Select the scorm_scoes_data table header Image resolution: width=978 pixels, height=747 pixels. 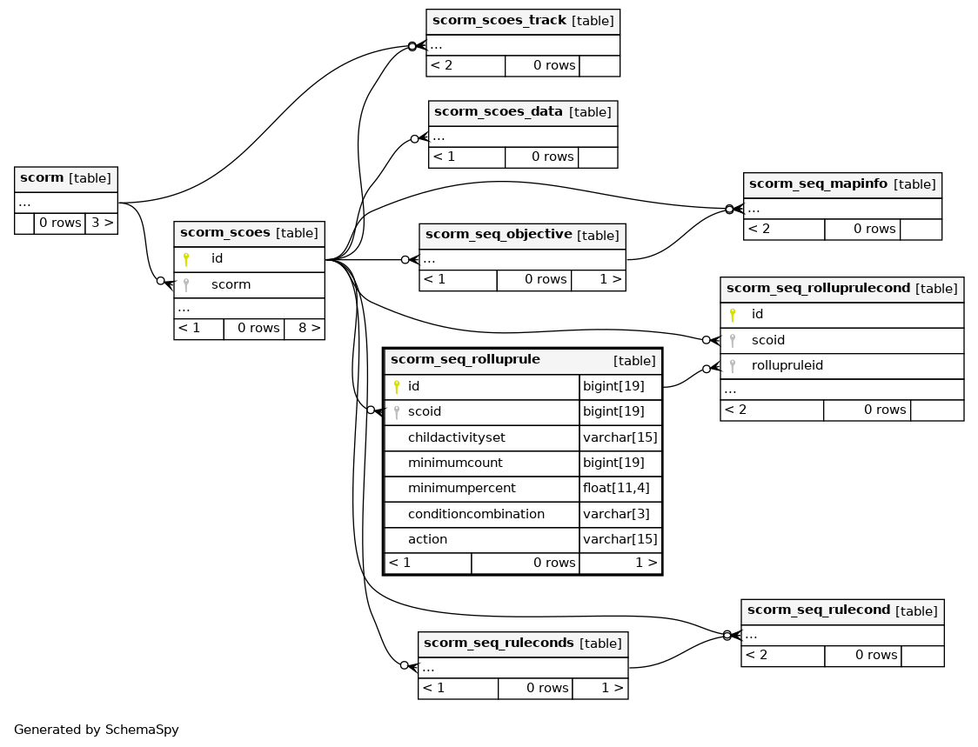tap(523, 112)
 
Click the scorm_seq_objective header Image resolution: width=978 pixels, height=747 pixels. tap(522, 235)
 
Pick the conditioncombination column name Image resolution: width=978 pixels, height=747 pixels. tap(476, 515)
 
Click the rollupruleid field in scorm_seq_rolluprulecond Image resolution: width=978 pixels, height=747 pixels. tap(787, 366)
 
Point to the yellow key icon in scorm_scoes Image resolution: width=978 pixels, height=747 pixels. tap(186, 259)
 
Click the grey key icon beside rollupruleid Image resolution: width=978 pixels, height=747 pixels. tap(733, 366)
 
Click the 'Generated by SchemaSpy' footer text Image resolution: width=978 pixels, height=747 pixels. tap(96, 730)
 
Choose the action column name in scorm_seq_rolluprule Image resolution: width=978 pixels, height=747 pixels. tap(427, 539)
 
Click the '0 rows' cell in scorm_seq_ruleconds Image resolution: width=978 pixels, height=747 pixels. tap(547, 688)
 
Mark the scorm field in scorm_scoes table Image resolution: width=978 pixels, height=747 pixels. tap(231, 285)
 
